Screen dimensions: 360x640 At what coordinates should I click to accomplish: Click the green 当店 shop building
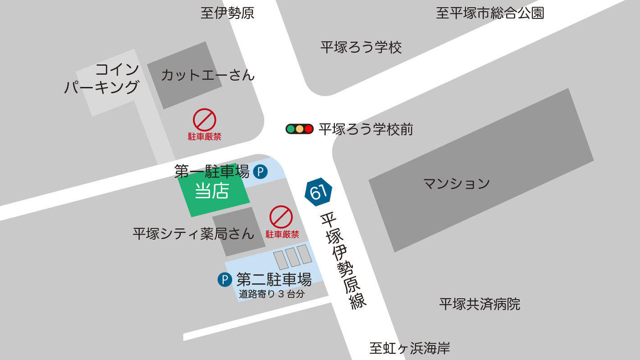pos(212,191)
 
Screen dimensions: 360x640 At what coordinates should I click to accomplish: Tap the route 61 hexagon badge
pos(318,192)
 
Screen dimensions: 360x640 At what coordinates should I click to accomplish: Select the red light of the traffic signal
pos(309,129)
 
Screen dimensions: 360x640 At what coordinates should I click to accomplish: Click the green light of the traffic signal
pos(291,129)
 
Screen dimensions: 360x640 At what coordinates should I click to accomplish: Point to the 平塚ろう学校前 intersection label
pos(366,130)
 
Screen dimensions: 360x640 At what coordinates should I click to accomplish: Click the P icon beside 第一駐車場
pos(260,172)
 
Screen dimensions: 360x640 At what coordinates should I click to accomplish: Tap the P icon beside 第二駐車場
pos(224,280)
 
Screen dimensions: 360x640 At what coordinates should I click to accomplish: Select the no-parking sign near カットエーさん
pos(205,120)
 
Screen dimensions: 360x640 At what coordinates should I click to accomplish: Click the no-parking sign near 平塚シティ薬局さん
pos(281,217)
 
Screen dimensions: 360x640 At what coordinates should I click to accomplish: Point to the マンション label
pos(456,184)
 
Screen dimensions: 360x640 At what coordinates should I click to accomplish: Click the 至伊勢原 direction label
pos(228,13)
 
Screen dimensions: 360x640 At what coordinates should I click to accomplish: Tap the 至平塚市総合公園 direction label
pos(490,13)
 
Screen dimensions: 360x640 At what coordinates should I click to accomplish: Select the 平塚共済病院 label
pos(480,304)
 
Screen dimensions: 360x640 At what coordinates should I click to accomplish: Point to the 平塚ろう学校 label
pos(361,47)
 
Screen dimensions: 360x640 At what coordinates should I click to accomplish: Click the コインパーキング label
pos(102,78)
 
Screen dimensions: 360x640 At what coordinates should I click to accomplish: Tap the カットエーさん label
pos(207,75)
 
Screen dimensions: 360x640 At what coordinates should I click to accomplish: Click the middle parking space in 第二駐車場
pos(293,257)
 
